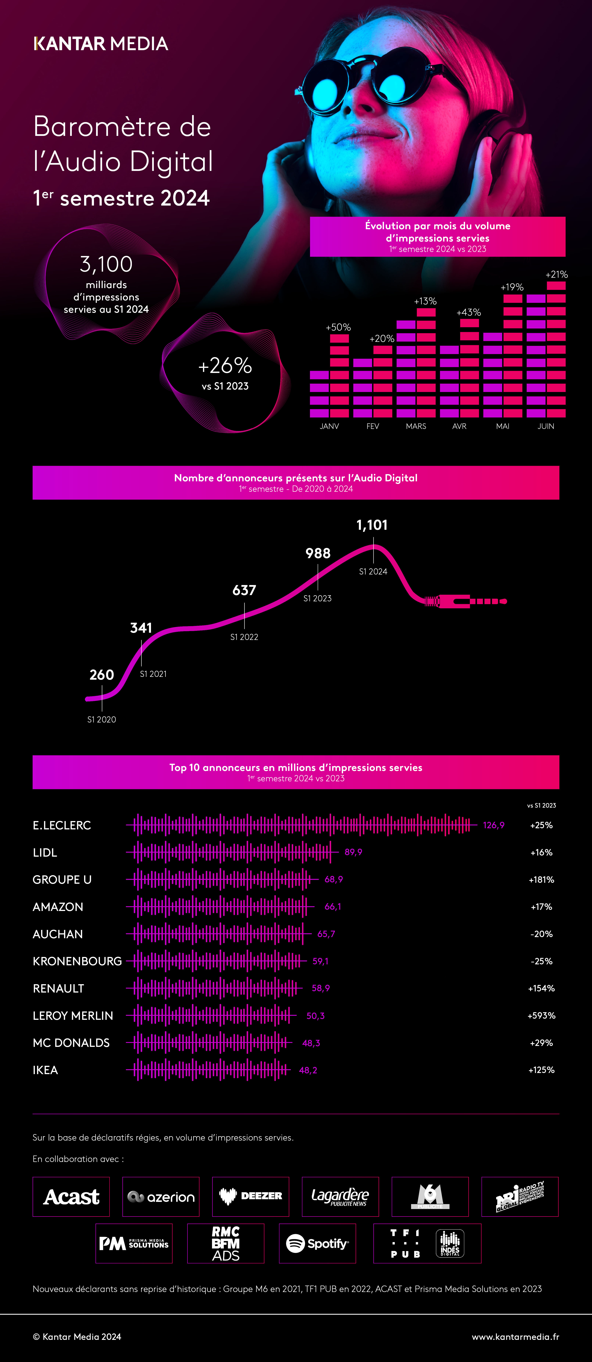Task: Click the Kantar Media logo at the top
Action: [x=101, y=43]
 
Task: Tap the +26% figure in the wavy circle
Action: [x=225, y=365]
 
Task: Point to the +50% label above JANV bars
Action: [x=338, y=327]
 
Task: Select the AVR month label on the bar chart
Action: [x=459, y=426]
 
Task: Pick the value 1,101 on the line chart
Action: [x=372, y=525]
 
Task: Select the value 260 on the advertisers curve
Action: [x=102, y=675]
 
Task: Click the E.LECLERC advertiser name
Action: [x=62, y=825]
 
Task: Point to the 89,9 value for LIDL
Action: [x=353, y=852]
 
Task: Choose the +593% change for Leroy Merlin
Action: [x=541, y=1016]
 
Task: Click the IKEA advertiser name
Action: [x=45, y=1070]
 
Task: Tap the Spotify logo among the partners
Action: [x=318, y=1244]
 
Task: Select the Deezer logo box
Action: [x=251, y=1197]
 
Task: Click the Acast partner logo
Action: [x=71, y=1197]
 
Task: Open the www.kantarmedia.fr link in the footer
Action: [x=515, y=1337]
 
